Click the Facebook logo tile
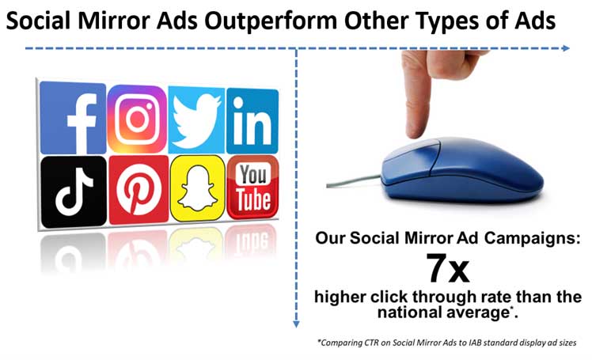[x=73, y=118]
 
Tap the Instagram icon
[x=137, y=119]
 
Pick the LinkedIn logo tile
[x=252, y=121]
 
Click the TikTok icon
[x=74, y=191]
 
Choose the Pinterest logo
[x=139, y=189]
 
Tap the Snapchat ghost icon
[x=197, y=188]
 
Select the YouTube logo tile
[x=253, y=187]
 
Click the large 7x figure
[x=448, y=268]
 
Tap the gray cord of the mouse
[x=354, y=181]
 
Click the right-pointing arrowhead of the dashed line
[x=566, y=48]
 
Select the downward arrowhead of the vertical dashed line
[x=296, y=324]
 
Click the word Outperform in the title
[x=271, y=21]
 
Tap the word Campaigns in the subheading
[x=533, y=238]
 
